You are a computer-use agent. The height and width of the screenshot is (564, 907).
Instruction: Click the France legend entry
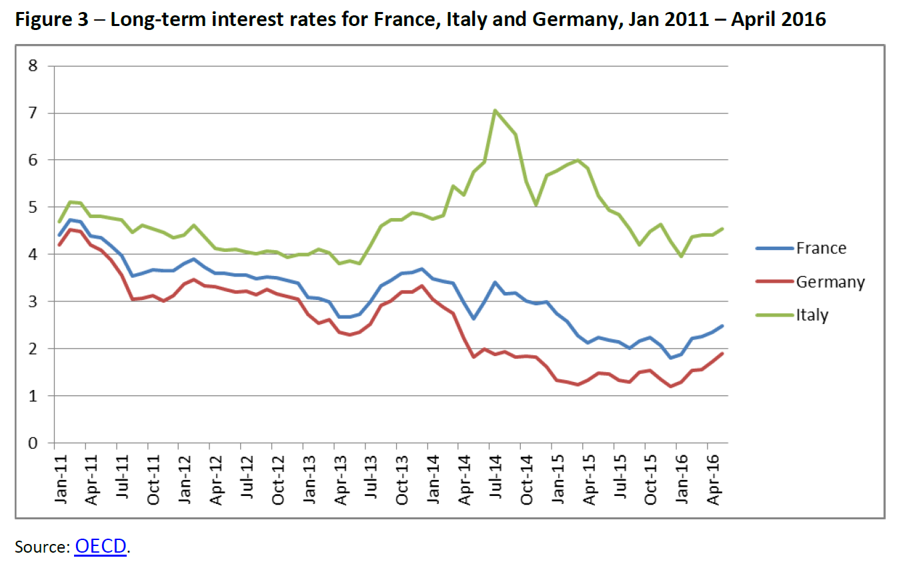point(820,249)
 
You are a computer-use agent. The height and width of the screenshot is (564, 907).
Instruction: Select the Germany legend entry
point(830,282)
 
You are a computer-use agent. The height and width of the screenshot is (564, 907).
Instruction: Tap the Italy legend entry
point(812,315)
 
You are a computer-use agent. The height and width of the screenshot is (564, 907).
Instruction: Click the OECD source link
point(101,547)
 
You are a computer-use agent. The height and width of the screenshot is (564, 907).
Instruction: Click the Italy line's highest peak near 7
point(495,111)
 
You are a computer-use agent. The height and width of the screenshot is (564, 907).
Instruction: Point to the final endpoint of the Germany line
point(723,353)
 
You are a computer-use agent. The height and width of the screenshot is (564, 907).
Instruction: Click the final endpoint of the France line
point(723,326)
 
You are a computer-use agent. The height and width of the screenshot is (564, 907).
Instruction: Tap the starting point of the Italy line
point(59,222)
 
